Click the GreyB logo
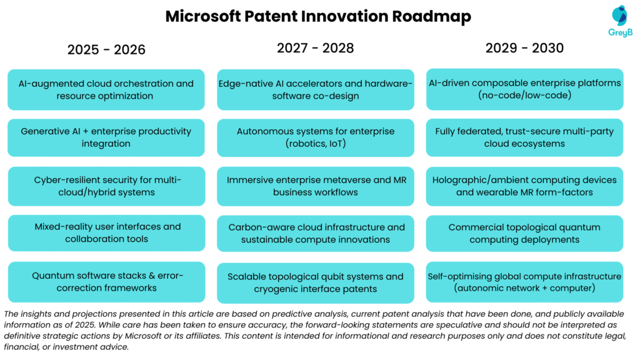621,21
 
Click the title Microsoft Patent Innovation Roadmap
318,17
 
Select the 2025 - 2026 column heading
106,49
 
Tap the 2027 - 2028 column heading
316,48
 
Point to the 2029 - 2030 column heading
525,48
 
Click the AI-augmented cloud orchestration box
106,89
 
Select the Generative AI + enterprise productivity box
106,137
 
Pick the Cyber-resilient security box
106,186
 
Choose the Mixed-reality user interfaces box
106,232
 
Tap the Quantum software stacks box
106,281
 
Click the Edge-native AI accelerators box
316,89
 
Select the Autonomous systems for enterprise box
316,137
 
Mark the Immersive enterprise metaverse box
316,186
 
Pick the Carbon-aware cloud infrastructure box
316,233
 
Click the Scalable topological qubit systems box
316,282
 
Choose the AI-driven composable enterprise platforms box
525,89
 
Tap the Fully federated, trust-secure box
525,137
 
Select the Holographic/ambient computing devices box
525,186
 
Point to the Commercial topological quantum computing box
525,233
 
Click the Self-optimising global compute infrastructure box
525,282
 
